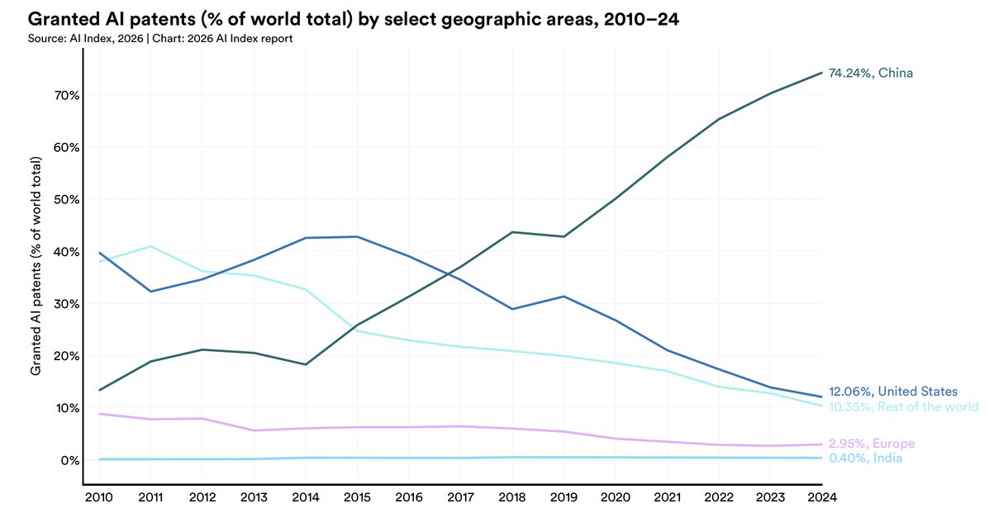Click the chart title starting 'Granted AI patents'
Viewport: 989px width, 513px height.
(x=354, y=19)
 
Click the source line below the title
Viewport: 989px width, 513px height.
(x=160, y=39)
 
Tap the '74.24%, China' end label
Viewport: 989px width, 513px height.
(x=870, y=74)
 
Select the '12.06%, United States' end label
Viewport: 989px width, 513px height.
(x=893, y=392)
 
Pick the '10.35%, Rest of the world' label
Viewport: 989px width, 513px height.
(x=903, y=407)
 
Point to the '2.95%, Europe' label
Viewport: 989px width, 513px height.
(x=872, y=444)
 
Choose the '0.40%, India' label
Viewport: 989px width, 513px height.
(x=865, y=458)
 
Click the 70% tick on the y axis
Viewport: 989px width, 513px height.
(x=66, y=95)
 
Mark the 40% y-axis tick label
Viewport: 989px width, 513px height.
(x=66, y=252)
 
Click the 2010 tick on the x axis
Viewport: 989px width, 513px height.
(x=98, y=497)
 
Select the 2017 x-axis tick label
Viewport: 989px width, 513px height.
(x=460, y=497)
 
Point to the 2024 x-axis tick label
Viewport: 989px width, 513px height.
(x=822, y=497)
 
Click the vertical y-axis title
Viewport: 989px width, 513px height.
(x=36, y=266)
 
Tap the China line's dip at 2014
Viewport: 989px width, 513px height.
(x=305, y=364)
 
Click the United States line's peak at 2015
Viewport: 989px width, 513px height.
(x=357, y=236)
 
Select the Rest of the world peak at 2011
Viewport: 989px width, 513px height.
(x=150, y=246)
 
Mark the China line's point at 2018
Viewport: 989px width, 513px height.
(x=512, y=232)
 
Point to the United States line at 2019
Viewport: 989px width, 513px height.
(x=563, y=296)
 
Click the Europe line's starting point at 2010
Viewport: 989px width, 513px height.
(x=99, y=414)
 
